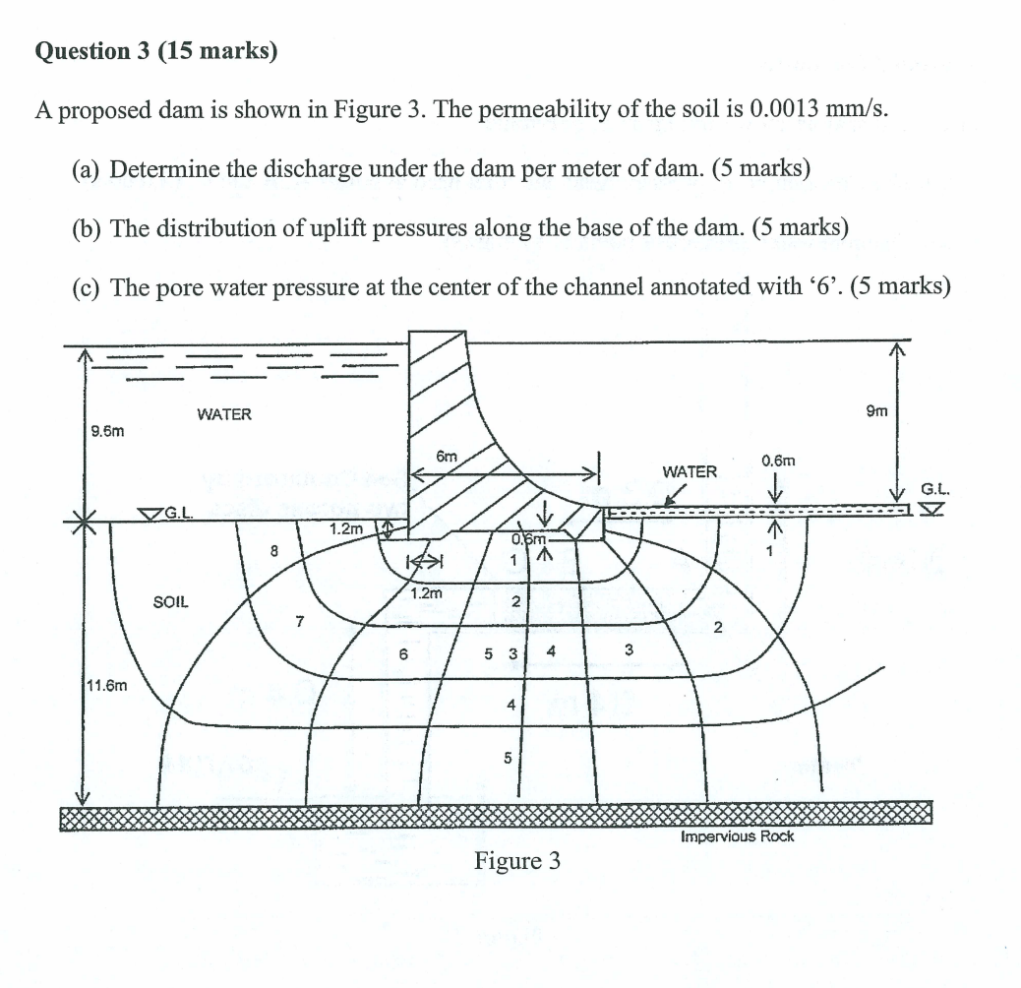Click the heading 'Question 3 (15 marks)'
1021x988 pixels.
(x=155, y=51)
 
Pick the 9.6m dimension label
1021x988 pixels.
(x=107, y=430)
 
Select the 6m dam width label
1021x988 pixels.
(x=447, y=457)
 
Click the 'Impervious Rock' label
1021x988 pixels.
(x=737, y=836)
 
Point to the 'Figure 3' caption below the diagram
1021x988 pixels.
(x=517, y=862)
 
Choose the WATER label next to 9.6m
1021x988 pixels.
(x=224, y=414)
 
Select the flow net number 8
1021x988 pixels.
(x=275, y=551)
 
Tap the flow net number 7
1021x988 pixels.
(x=299, y=620)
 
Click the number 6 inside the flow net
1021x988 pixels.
(x=403, y=652)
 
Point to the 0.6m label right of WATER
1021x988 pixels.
(x=777, y=461)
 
